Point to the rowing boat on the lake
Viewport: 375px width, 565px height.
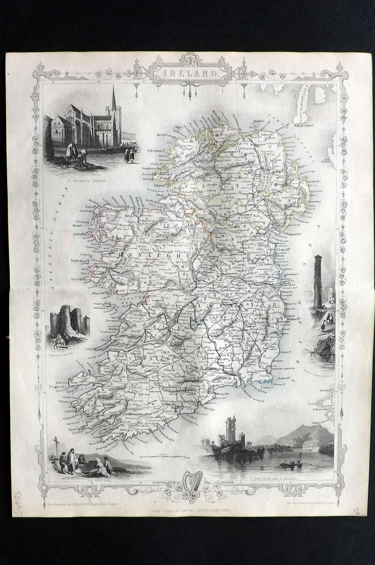[291, 464]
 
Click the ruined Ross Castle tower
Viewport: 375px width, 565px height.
[230, 430]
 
